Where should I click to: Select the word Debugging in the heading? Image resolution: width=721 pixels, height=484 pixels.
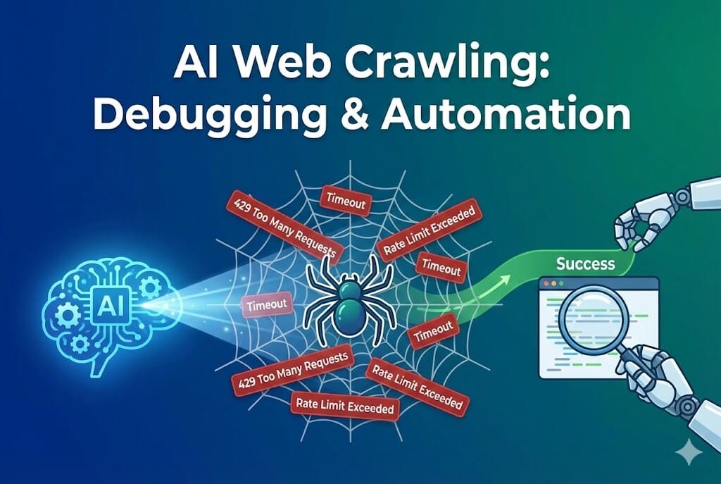click(209, 115)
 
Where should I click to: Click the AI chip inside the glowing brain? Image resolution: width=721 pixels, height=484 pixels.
click(111, 304)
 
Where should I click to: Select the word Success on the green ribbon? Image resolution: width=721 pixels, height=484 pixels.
click(585, 263)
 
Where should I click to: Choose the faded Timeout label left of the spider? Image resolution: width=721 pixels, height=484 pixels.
click(267, 305)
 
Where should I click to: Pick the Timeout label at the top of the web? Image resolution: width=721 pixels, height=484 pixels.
click(346, 201)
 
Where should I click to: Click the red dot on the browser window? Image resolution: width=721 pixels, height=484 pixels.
click(546, 284)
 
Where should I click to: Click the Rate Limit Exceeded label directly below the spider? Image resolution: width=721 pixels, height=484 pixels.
click(345, 407)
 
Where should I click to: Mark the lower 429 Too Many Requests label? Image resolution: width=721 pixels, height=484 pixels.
click(291, 370)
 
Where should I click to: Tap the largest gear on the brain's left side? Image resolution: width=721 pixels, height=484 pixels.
click(67, 316)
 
